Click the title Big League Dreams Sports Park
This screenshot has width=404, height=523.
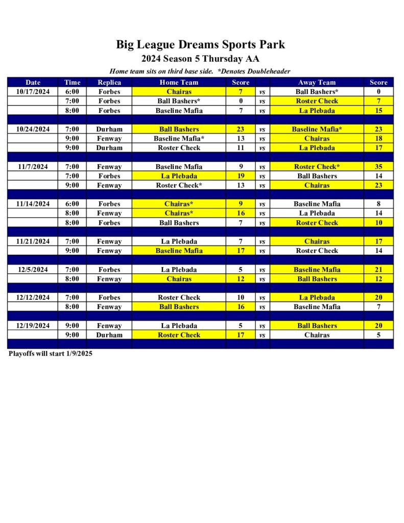pos(200,44)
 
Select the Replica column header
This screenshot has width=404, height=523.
pos(109,82)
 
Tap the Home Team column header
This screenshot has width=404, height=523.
pos(179,82)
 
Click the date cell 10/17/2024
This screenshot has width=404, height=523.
pos(33,91)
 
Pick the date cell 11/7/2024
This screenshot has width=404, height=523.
pos(33,167)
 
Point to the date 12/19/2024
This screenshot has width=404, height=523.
pos(33,325)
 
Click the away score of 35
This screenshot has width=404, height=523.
pos(378,167)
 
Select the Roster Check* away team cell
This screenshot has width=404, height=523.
pos(317,167)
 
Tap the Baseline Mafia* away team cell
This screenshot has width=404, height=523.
pos(317,129)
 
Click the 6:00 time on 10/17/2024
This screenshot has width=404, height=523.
pos(72,91)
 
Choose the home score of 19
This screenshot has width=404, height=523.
pos(241,176)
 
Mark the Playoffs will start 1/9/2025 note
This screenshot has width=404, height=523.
pos(51,353)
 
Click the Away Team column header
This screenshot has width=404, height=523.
pos(317,82)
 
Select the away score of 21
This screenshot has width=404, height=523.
pos(378,269)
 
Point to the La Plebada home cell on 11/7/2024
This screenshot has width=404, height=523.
pos(179,176)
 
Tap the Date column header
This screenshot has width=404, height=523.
pos(33,82)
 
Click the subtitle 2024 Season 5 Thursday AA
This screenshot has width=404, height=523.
pos(200,59)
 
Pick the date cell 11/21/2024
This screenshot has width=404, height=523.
pos(33,241)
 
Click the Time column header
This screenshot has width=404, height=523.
pos(72,82)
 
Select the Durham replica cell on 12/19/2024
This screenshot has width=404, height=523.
pos(109,335)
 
